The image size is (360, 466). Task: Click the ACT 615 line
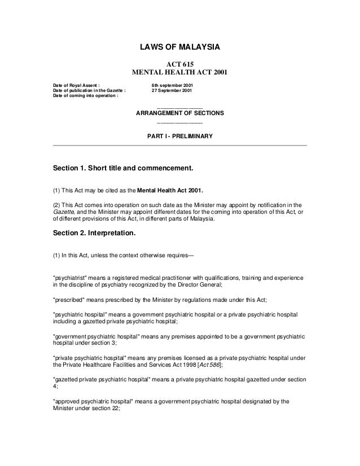(x=179, y=64)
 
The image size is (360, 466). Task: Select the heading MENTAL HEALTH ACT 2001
(x=179, y=72)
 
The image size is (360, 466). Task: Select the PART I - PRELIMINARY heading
(x=179, y=136)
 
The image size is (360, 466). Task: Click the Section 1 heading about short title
(x=123, y=168)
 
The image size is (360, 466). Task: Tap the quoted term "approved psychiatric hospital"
(x=93, y=402)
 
